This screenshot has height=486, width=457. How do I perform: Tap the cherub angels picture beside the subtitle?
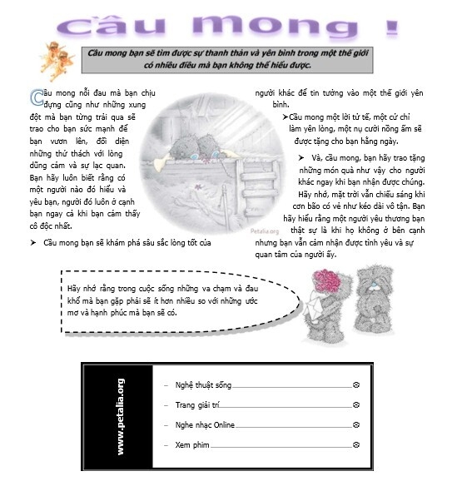(x=58, y=59)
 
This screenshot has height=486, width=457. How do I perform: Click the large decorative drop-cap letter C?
(x=36, y=96)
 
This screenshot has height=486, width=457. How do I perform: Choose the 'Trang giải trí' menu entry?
(x=196, y=404)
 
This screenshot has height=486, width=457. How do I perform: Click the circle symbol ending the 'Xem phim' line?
(x=356, y=445)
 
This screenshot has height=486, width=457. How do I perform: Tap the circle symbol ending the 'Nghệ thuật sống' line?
(x=356, y=386)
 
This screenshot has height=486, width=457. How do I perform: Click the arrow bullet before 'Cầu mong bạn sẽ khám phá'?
(x=32, y=242)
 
